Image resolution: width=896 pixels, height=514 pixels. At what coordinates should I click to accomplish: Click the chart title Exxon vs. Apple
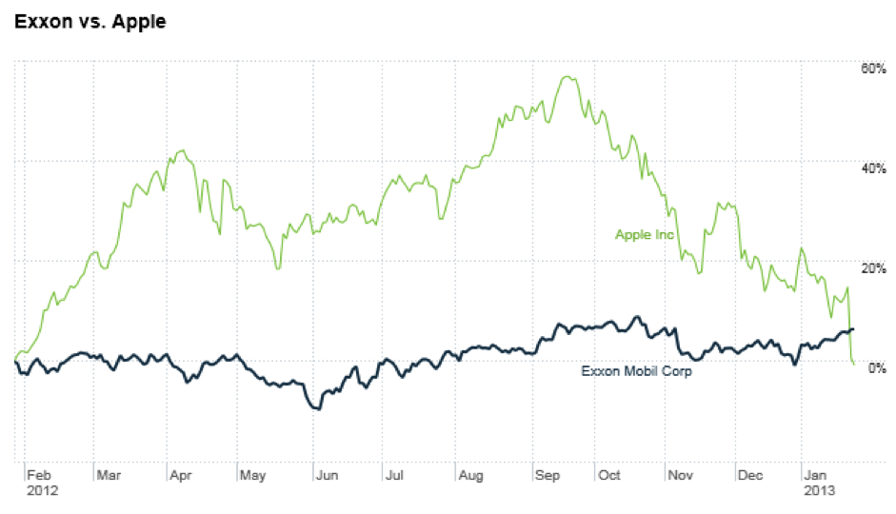click(90, 21)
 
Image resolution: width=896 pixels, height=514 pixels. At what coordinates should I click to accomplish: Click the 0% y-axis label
click(877, 367)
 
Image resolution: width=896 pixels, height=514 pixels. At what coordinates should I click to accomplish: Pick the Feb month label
click(39, 475)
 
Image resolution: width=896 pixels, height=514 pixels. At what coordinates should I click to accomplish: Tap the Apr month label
click(182, 475)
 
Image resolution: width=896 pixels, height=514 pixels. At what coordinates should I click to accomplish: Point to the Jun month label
click(326, 475)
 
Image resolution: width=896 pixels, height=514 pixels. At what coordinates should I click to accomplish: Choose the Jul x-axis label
click(394, 475)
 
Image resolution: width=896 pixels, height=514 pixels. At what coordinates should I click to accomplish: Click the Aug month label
click(469, 475)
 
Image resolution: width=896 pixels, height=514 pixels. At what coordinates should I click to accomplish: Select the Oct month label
click(609, 475)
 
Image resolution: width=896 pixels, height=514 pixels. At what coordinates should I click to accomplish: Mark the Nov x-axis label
click(680, 475)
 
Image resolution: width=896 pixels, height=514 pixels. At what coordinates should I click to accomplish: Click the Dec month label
click(751, 475)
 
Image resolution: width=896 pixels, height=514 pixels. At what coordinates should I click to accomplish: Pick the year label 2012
click(42, 491)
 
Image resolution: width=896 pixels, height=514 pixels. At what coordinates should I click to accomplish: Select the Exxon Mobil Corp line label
click(636, 371)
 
